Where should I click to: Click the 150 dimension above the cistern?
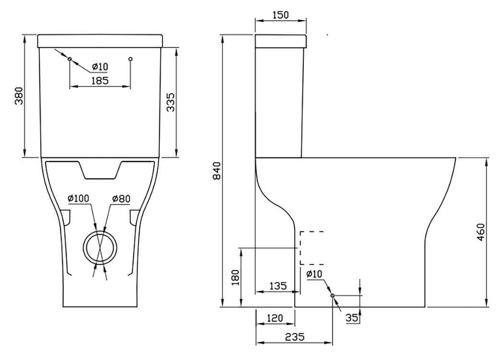pyautogui.click(x=281, y=15)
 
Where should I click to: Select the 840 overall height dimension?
pyautogui.click(x=217, y=171)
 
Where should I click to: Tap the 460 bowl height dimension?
pyautogui.click(x=480, y=232)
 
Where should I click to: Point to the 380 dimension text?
pyautogui.click(x=19, y=96)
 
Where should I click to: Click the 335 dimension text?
pyautogui.click(x=170, y=102)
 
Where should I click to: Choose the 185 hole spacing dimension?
pyautogui.click(x=100, y=80)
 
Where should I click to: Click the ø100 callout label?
pyautogui.click(x=78, y=198)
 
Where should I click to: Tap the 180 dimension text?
pyautogui.click(x=236, y=277)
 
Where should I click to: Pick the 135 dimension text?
pyautogui.click(x=278, y=286)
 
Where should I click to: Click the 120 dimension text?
pyautogui.click(x=275, y=318)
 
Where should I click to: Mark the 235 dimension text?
pyautogui.click(x=295, y=336)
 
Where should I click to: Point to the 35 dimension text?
pyautogui.click(x=352, y=318)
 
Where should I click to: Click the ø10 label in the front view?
pyautogui.click(x=100, y=67)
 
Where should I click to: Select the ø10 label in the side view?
pyautogui.click(x=314, y=274)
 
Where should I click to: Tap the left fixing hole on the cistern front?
pyautogui.click(x=70, y=59)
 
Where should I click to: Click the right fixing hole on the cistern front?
pyautogui.click(x=130, y=59)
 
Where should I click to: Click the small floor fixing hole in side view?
pyautogui.click(x=332, y=295)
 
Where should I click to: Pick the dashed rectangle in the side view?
pyautogui.click(x=300, y=248)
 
